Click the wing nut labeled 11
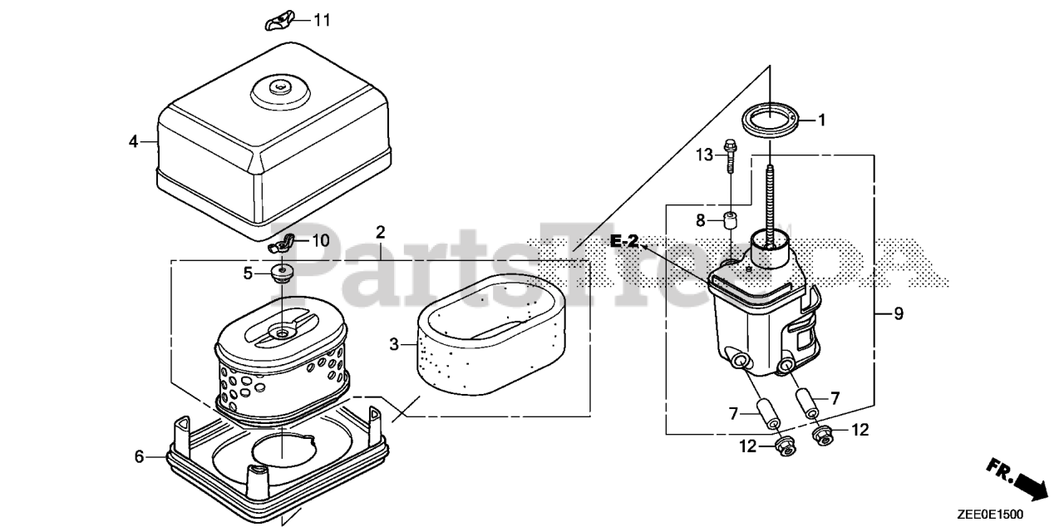[278, 22]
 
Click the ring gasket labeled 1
[770, 121]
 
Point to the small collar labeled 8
[731, 221]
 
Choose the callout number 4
[133, 141]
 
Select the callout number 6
[139, 456]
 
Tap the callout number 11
[321, 20]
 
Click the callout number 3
[394, 343]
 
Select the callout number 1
[821, 121]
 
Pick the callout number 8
[701, 220]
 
